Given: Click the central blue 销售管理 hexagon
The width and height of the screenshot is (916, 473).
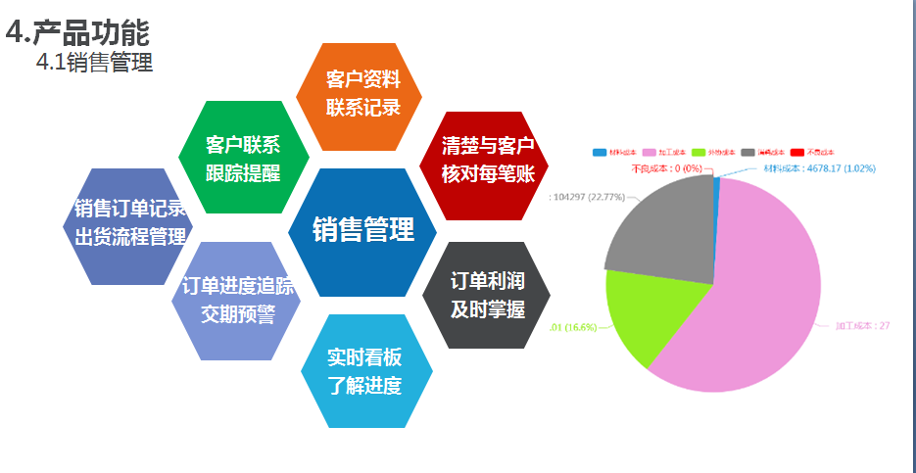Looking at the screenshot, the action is (x=363, y=229).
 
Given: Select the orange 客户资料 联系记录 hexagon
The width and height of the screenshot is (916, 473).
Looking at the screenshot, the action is (x=363, y=94).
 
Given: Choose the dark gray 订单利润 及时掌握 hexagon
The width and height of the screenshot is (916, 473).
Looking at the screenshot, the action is (x=487, y=295).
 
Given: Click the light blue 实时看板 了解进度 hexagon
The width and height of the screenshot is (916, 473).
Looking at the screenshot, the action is (x=364, y=371).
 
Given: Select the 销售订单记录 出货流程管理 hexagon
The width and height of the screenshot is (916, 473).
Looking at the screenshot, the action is (x=127, y=224).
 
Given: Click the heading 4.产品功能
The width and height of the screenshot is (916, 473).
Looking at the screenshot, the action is (x=77, y=32).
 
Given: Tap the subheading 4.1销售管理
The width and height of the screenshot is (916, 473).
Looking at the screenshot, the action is (x=94, y=64).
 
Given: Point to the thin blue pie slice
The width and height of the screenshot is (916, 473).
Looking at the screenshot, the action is (x=717, y=180).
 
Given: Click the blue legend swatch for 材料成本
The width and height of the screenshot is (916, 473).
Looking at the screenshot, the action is (x=600, y=153).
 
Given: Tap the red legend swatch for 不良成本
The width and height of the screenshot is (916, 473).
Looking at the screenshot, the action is (x=796, y=153).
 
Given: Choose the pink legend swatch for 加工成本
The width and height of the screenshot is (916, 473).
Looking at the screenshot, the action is (x=649, y=153).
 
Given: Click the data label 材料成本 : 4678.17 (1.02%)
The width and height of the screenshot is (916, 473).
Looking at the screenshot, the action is (x=819, y=167).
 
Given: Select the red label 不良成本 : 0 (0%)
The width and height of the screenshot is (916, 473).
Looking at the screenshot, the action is (x=667, y=168).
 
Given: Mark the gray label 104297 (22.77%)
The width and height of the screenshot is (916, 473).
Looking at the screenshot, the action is (x=589, y=196).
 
